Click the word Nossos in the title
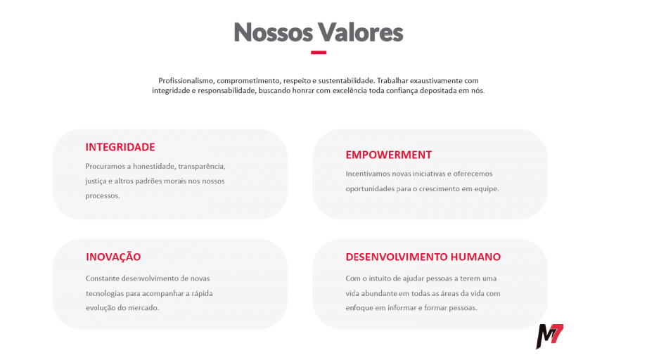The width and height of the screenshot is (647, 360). pyautogui.click(x=272, y=32)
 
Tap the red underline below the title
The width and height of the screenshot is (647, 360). pyautogui.click(x=319, y=52)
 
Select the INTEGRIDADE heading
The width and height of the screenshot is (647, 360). pyautogui.click(x=120, y=147)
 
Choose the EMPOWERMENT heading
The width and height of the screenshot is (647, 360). pyautogui.click(x=388, y=155)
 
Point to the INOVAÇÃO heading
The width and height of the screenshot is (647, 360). pyautogui.click(x=113, y=257)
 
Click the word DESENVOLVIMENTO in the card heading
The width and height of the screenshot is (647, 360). pyautogui.click(x=397, y=257)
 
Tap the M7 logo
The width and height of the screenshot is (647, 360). pyautogui.click(x=549, y=337)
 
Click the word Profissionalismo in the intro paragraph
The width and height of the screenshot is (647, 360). pyautogui.click(x=186, y=81)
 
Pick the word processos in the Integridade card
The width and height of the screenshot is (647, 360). pyautogui.click(x=103, y=195)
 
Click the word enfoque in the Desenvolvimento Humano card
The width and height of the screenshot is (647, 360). pyautogui.click(x=359, y=308)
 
